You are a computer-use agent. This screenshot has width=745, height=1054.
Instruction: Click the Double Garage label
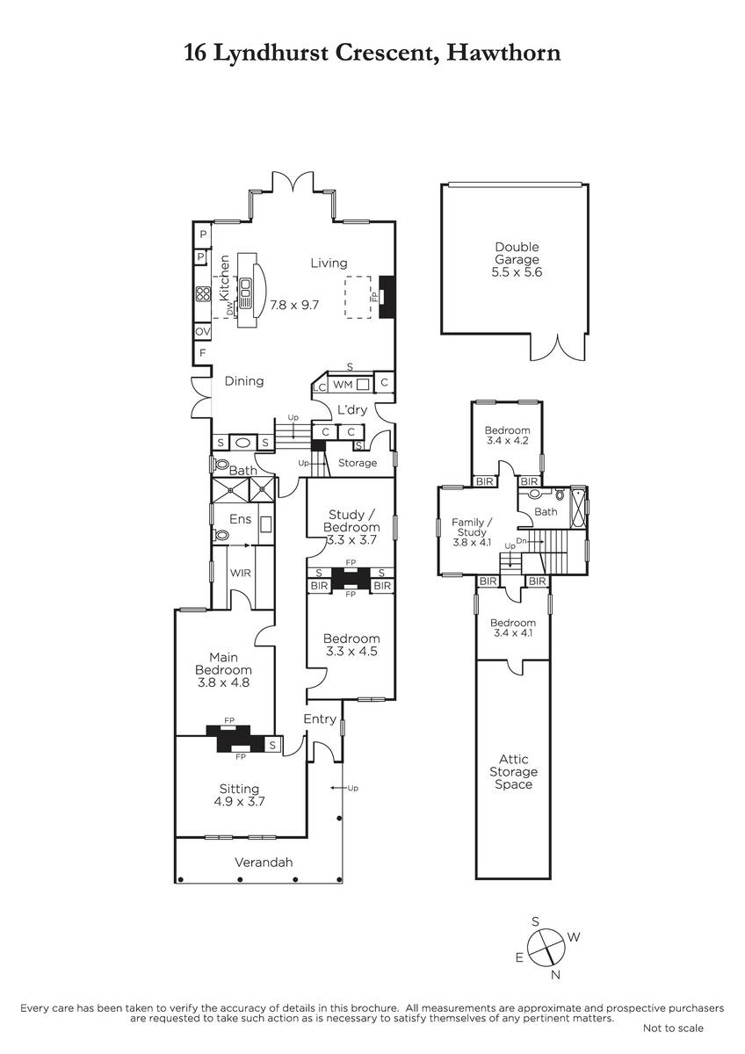[517, 253]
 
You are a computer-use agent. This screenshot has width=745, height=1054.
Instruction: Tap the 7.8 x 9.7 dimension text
[294, 305]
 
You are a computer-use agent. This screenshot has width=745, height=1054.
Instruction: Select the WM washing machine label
[343, 385]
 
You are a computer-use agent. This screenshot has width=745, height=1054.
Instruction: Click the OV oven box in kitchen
[202, 331]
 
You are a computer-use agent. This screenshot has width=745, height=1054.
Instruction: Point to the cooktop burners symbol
[203, 294]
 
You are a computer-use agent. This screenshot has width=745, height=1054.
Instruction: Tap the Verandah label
[264, 862]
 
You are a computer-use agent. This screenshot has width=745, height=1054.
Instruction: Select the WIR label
[241, 573]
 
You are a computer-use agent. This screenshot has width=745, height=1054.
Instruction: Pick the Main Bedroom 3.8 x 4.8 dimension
[223, 682]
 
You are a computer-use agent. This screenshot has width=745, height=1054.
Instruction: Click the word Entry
[320, 719]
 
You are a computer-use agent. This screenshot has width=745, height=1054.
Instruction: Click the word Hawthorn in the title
[503, 52]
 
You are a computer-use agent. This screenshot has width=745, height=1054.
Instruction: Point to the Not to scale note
[673, 1029]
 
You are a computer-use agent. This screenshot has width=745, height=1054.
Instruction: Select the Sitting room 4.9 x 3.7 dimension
[240, 800]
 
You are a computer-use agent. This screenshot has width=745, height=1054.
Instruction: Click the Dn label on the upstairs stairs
[522, 541]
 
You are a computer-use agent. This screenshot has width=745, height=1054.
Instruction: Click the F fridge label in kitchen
[202, 352]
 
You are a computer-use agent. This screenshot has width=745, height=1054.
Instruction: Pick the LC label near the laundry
[320, 387]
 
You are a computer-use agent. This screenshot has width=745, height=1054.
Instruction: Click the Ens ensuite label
[241, 518]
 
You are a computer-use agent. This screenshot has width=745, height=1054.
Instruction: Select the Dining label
[243, 381]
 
